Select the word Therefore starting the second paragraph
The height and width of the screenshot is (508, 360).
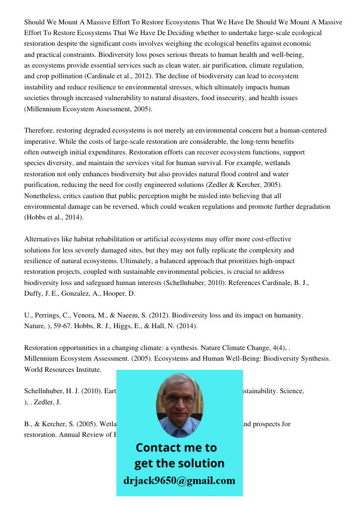click(40, 131)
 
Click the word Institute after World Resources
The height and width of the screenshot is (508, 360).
click(88, 369)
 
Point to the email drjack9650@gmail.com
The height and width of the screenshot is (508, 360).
click(179, 481)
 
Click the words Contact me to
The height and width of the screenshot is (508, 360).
click(176, 448)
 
